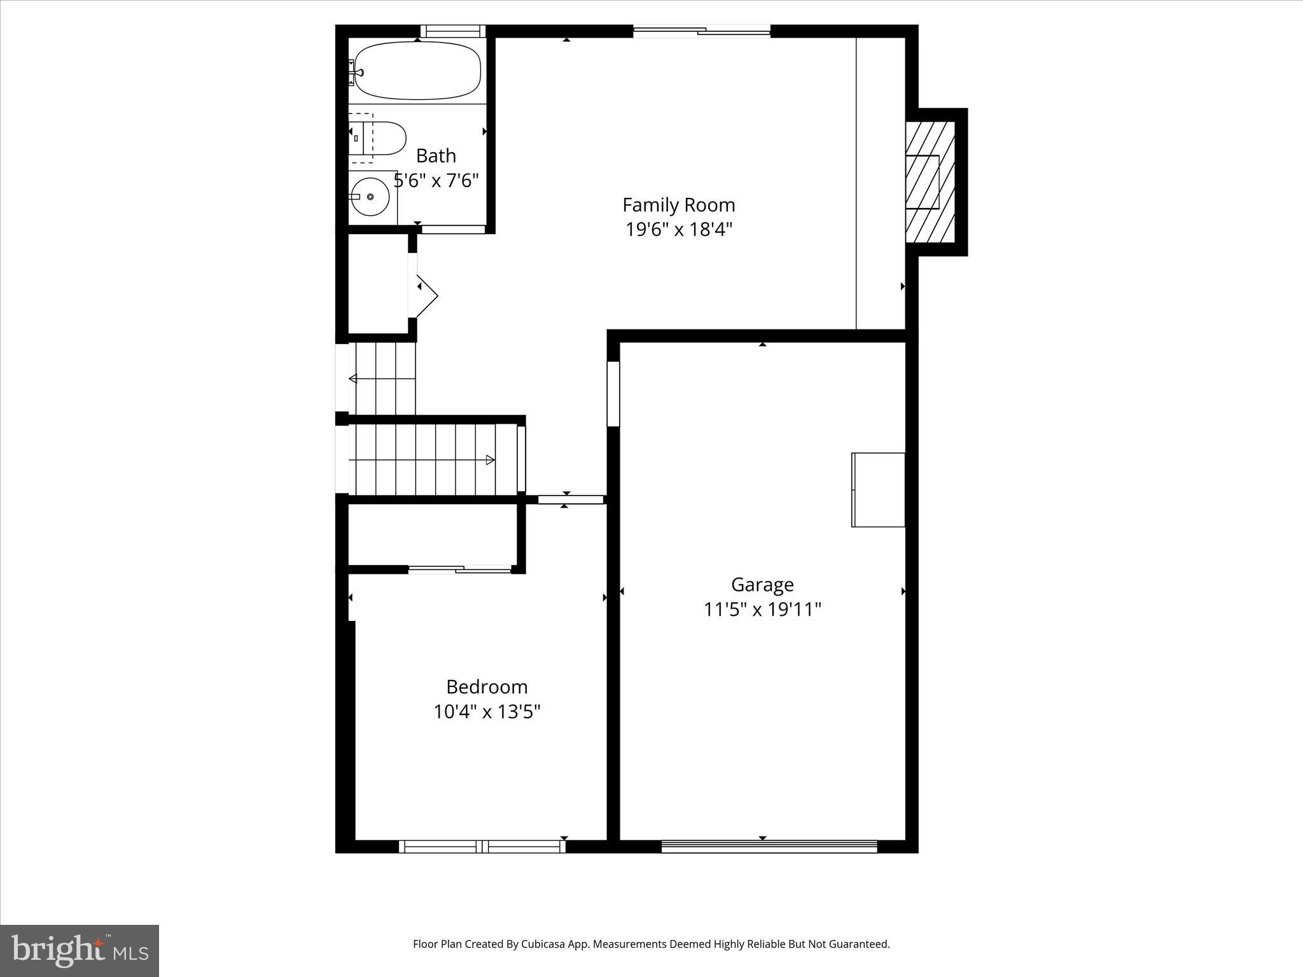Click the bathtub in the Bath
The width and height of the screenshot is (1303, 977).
417,71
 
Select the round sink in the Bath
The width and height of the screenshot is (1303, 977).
370,197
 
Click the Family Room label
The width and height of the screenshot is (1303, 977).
678,205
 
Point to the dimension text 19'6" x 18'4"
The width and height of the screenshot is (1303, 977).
678,229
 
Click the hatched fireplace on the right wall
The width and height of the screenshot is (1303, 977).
930,182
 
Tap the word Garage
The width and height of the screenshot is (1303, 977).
762,585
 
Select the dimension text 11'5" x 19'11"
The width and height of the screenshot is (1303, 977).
762,609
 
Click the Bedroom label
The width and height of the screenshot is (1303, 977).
487,687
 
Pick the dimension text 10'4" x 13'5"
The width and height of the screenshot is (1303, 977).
487,711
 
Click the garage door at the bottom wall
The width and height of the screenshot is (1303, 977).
769,846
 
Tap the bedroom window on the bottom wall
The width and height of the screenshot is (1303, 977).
482,846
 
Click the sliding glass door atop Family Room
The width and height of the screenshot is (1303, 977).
702,31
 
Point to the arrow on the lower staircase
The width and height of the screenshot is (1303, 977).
489,460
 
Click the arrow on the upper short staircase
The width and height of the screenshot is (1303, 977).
353,379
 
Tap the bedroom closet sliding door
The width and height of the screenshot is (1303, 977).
460,569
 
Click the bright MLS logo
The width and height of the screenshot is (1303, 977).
80,951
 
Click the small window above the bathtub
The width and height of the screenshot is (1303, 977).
452,31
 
